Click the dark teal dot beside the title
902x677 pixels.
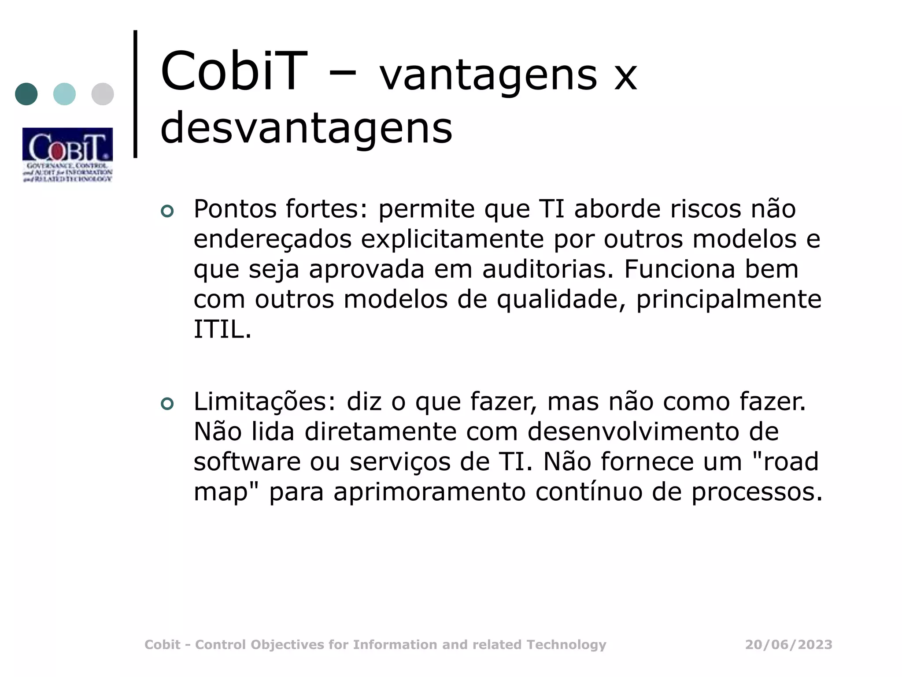coord(26,94)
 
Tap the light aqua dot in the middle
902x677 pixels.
coord(64,94)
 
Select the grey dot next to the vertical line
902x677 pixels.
coord(103,94)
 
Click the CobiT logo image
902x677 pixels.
coord(67,155)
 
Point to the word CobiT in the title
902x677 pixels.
coord(233,71)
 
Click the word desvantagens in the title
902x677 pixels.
coord(306,128)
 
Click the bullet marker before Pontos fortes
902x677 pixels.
coord(167,212)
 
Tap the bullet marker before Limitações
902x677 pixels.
coord(167,404)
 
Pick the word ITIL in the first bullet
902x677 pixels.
coord(222,329)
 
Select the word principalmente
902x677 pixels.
coord(728,299)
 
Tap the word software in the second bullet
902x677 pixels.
coord(247,462)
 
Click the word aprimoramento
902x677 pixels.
coord(429,492)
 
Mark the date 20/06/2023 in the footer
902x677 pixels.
coord(788,645)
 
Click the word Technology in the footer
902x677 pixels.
coord(567,645)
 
